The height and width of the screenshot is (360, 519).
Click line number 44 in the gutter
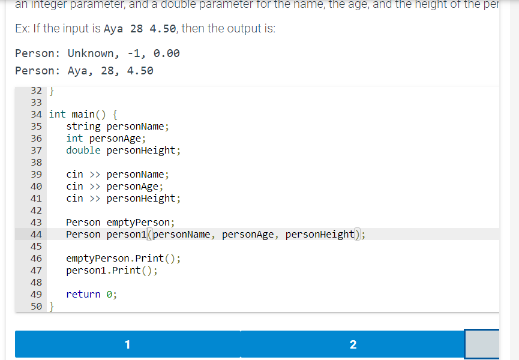(35, 235)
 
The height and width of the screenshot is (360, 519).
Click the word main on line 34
(83, 114)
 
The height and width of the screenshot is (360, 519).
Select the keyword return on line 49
(83, 294)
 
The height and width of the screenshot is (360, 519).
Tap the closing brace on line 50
(52, 307)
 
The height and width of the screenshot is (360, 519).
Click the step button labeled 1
(127, 344)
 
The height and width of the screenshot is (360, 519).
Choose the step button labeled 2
(352, 344)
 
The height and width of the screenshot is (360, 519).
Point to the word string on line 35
(83, 127)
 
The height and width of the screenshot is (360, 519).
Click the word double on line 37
(83, 151)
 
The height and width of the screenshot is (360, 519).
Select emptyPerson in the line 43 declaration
(138, 223)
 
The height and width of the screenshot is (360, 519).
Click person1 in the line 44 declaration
(127, 235)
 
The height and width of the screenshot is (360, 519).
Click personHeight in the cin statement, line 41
(141, 199)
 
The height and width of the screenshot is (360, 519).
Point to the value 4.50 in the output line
(140, 71)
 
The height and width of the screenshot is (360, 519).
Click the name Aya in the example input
(113, 29)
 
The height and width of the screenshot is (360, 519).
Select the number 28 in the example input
(136, 29)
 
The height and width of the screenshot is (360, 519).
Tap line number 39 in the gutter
(35, 175)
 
